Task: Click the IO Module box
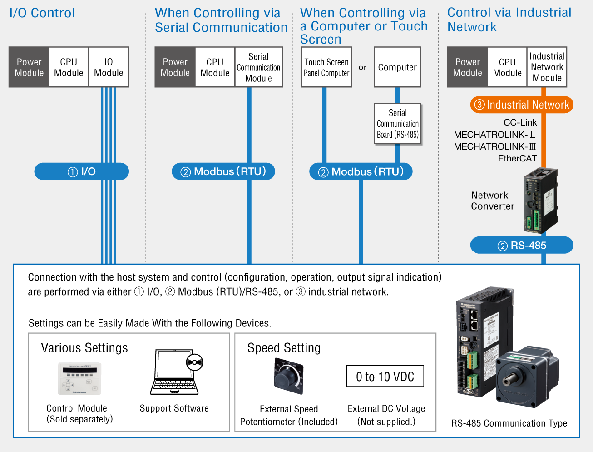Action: pos(109,67)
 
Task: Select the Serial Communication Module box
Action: pos(258,67)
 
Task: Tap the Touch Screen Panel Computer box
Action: pos(326,67)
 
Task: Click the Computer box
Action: pos(397,67)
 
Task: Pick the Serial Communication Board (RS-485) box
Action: pos(397,123)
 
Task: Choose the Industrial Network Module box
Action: pos(547,67)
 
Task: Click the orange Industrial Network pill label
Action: pos(522,105)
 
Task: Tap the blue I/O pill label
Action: pos(81,171)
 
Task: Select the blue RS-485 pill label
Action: pos(522,245)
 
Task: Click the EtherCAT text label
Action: pos(517,158)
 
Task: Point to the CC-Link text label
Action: pos(520,122)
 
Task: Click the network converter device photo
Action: pos(540,201)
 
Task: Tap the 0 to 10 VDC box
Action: pos(385,376)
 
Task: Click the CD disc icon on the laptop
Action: pos(194,362)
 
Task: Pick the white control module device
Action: pos(80,379)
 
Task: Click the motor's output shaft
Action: pos(509,379)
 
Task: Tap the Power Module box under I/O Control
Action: pos(29,67)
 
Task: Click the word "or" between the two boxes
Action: pos(362,67)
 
